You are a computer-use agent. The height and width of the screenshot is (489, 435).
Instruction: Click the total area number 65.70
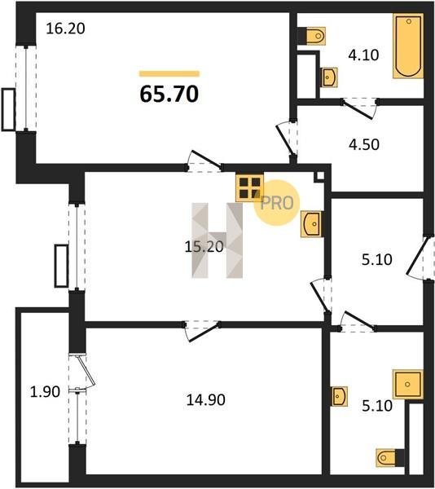pyautogui.click(x=169, y=94)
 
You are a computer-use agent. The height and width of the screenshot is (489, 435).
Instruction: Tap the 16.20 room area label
pyautogui.click(x=65, y=29)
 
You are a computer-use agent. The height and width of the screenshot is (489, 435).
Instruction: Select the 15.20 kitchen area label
pyautogui.click(x=204, y=247)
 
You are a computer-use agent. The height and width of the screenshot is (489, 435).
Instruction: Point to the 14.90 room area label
pyautogui.click(x=205, y=400)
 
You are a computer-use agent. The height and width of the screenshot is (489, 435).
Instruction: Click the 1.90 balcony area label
pyautogui.click(x=45, y=392)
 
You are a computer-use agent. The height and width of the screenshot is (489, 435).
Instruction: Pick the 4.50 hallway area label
pyautogui.click(x=364, y=144)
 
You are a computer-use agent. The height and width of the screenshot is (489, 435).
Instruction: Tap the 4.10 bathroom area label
pyautogui.click(x=363, y=55)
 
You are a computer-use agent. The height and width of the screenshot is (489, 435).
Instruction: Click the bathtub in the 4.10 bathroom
pyautogui.click(x=408, y=46)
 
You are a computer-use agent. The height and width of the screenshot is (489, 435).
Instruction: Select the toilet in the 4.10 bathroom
pyautogui.click(x=312, y=36)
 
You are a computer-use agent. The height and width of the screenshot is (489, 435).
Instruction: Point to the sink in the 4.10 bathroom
pyautogui.click(x=329, y=77)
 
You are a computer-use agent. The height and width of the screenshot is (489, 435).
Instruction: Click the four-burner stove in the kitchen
pyautogui.click(x=250, y=187)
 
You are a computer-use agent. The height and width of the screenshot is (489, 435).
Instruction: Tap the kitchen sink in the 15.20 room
pyautogui.click(x=311, y=224)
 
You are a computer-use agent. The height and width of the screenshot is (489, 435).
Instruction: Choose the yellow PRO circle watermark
pyautogui.click(x=277, y=203)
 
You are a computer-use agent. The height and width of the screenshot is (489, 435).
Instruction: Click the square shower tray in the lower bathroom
pyautogui.click(x=408, y=384)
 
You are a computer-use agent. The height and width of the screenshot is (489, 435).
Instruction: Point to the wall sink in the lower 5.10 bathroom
pyautogui.click(x=340, y=396)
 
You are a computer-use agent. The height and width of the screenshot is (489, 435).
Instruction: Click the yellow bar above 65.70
pyautogui.click(x=169, y=73)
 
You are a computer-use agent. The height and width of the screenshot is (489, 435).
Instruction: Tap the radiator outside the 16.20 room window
pyautogui.click(x=8, y=109)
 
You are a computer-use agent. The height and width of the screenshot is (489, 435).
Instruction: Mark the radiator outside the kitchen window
pyautogui.click(x=61, y=266)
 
